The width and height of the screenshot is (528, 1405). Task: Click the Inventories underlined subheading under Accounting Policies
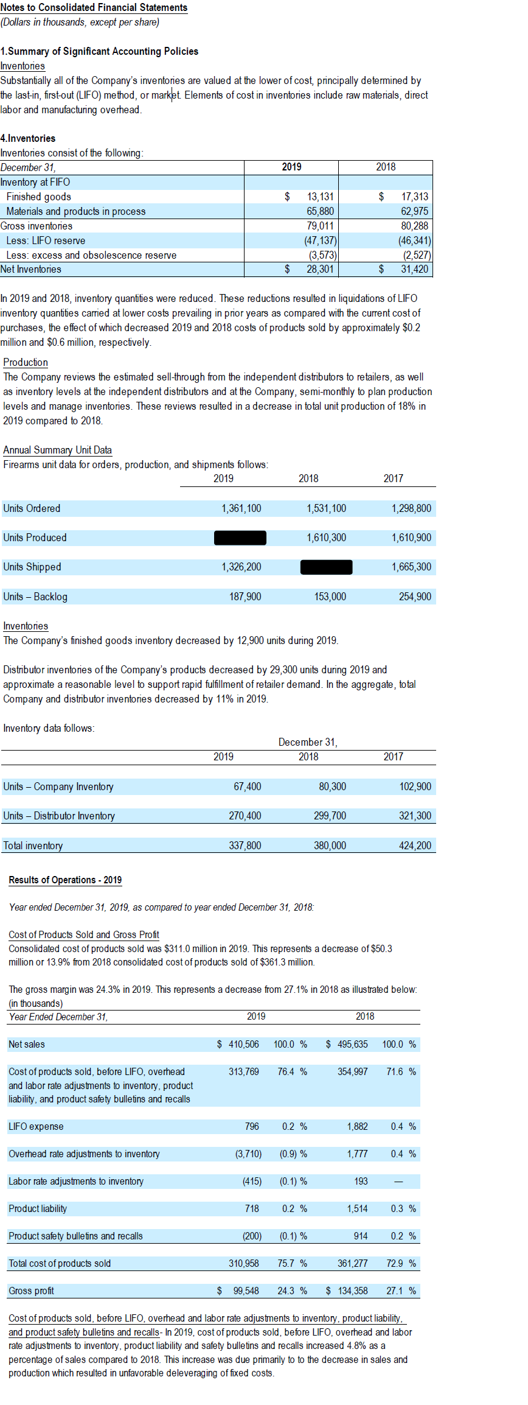click(x=23, y=66)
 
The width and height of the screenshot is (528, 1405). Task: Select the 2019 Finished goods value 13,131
click(x=320, y=197)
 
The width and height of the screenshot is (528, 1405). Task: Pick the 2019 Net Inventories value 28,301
click(x=320, y=269)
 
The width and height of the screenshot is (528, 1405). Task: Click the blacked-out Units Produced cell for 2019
click(x=240, y=538)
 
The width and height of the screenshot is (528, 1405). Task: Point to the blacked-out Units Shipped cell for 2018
click(x=326, y=567)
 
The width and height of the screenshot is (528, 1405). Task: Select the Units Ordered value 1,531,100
click(x=326, y=508)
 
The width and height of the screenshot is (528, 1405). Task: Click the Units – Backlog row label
click(x=35, y=597)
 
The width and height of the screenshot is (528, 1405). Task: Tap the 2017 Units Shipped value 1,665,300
click(x=411, y=567)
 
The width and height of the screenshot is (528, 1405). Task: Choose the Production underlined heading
click(x=26, y=362)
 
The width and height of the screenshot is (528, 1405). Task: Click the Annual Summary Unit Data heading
click(x=57, y=450)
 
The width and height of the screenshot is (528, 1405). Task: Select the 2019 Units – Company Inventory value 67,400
click(x=247, y=787)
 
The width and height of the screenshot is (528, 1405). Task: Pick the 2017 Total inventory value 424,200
click(x=415, y=846)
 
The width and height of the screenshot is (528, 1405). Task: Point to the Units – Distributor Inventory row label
click(x=59, y=816)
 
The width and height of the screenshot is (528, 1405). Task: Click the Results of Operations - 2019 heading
click(x=65, y=880)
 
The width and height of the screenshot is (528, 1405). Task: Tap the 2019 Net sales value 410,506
click(x=243, y=1044)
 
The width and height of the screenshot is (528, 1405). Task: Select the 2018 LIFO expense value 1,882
click(x=357, y=1126)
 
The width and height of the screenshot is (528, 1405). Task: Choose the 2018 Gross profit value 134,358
click(x=352, y=1291)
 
